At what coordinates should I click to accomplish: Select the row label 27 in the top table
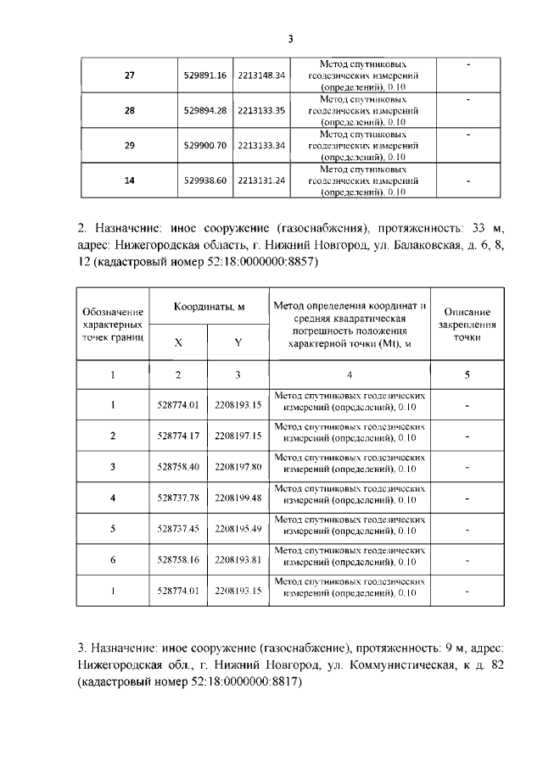point(129,75)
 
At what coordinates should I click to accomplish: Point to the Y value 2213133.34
point(261,145)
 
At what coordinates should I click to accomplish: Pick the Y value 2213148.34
point(261,75)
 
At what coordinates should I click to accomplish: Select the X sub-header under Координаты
point(178,342)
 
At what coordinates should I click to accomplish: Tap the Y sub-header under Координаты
point(238,342)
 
